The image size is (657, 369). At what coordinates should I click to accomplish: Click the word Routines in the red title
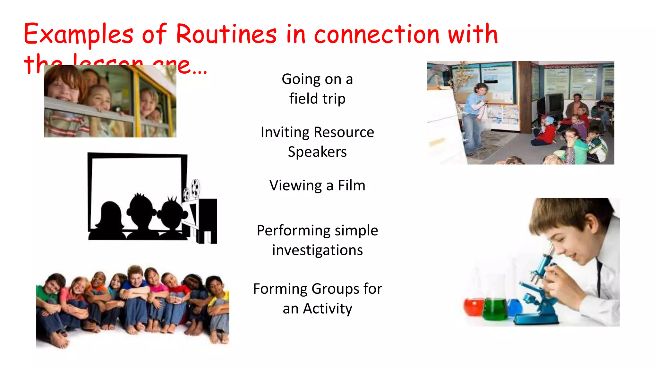coord(226,34)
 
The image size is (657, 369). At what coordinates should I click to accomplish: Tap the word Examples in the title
coord(78,35)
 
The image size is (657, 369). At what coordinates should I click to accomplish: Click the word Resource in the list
coord(344,132)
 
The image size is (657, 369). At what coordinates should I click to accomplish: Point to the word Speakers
coord(317,152)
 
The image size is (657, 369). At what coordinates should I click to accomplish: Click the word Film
coord(352,185)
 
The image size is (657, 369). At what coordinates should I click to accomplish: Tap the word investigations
coord(317,250)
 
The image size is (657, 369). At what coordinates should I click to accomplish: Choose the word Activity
coord(328,309)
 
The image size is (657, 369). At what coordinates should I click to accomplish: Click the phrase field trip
coord(317,99)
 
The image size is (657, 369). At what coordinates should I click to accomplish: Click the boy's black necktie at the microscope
coord(599,275)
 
